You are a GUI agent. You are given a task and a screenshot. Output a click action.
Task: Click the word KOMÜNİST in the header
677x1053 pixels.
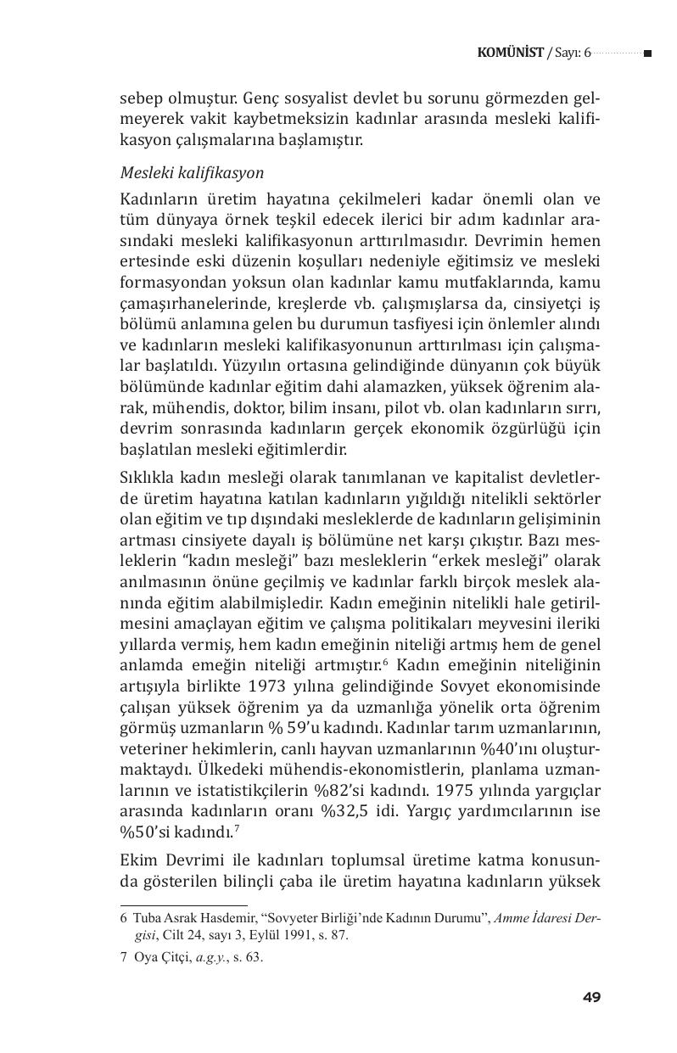[511, 53]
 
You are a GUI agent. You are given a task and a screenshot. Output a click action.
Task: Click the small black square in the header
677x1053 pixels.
[647, 53]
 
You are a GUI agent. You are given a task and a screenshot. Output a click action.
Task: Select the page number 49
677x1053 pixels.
[591, 997]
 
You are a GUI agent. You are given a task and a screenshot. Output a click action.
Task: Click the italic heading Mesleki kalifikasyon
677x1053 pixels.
[192, 173]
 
